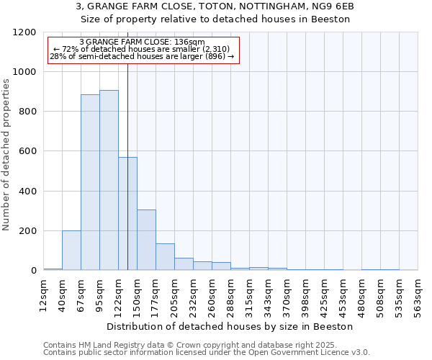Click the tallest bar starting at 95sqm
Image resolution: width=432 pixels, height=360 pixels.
click(109, 180)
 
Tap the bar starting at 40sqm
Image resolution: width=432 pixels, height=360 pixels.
click(71, 250)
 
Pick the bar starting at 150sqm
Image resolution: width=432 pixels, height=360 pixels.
click(146, 240)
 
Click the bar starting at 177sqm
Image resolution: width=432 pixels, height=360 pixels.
click(165, 256)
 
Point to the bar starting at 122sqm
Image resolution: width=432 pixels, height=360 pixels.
click(127, 213)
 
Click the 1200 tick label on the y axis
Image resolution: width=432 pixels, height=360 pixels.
click(26, 32)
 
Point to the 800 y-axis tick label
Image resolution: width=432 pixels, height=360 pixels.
click(29, 112)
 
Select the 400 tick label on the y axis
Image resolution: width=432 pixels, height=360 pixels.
click(29, 192)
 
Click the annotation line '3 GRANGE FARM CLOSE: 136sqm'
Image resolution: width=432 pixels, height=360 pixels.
click(142, 42)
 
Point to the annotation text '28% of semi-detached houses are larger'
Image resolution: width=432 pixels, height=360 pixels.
click(142, 56)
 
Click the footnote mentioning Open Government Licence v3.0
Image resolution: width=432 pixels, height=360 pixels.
click(207, 352)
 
